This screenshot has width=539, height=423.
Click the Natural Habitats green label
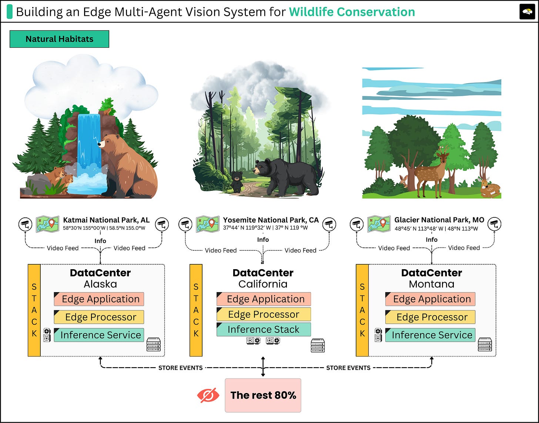[59, 39]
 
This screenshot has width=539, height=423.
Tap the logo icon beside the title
[527, 12]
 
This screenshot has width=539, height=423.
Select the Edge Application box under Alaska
[99, 299]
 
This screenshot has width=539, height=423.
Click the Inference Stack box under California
[264, 329]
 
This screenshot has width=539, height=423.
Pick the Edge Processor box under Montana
[430, 317]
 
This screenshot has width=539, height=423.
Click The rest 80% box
[263, 395]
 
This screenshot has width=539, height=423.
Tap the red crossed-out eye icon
[208, 395]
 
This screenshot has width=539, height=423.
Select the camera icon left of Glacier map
[357, 224]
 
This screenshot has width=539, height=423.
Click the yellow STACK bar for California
[196, 310]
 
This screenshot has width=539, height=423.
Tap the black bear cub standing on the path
[237, 181]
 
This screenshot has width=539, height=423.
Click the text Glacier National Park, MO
[439, 220]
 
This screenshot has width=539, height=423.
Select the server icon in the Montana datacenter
[485, 344]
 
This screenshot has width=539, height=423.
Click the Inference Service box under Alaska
[99, 335]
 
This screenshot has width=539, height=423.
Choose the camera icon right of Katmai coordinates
[162, 224]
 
